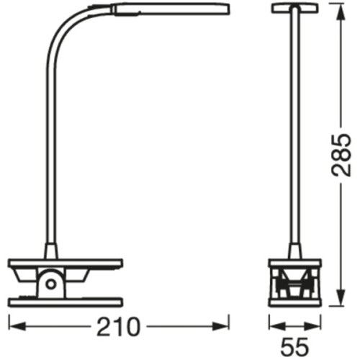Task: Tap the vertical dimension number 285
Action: point(343,157)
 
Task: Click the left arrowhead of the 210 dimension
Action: point(14,328)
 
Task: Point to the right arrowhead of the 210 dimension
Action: point(222,328)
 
